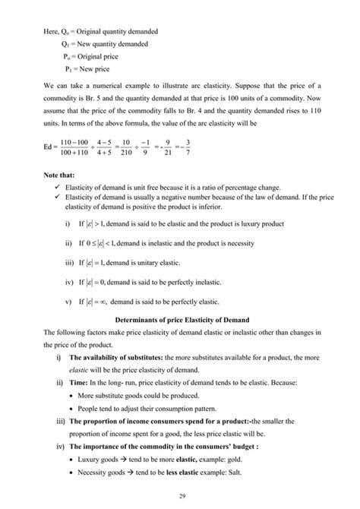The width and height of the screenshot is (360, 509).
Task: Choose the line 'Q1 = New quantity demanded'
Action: pos(105,44)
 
